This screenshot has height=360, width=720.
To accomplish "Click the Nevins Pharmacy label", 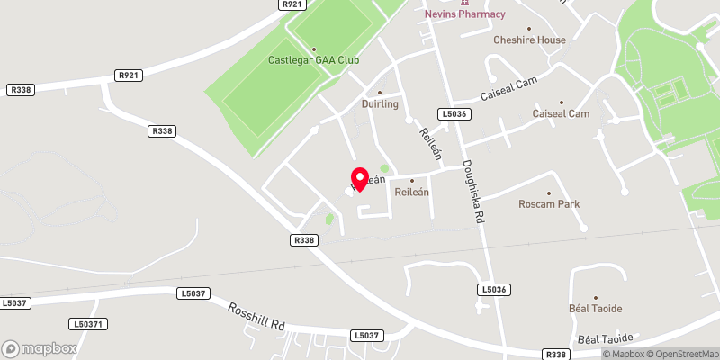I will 464,14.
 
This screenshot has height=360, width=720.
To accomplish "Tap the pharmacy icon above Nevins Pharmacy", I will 465,3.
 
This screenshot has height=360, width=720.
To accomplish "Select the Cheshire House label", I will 529,40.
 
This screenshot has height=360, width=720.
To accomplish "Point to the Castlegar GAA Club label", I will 314,61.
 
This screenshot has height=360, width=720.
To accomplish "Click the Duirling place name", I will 380,104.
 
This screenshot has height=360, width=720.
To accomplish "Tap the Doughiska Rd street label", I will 475,191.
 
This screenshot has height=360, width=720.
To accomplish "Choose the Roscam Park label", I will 549,204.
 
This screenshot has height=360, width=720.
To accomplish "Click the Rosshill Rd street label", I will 256,316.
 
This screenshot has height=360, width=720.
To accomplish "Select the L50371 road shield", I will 88,324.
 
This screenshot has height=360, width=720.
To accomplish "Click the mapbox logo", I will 40,348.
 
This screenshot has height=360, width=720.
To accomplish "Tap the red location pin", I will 360,178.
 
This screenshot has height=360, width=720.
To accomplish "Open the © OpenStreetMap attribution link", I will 677,354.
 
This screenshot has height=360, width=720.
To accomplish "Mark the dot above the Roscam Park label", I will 549,193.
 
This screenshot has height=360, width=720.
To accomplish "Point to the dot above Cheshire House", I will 529,29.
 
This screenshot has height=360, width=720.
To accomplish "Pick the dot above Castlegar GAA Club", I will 314,49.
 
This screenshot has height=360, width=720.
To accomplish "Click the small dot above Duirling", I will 380,93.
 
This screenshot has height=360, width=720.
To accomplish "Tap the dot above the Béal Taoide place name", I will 595,297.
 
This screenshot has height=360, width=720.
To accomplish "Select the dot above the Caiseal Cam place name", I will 562,103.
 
